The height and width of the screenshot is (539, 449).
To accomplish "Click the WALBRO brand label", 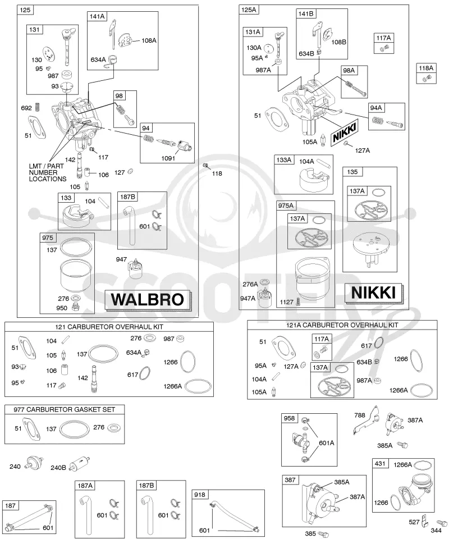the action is click(x=148, y=299).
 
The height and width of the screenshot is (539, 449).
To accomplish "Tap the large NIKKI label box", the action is click(x=373, y=293).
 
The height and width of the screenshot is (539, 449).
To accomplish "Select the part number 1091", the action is click(x=168, y=158).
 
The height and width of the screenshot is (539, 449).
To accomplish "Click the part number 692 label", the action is click(x=26, y=108).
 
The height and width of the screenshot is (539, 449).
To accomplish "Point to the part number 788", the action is click(x=360, y=415).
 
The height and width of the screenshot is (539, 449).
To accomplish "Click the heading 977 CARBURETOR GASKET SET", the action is click(x=64, y=409).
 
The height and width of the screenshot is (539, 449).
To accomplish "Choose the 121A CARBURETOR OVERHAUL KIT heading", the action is click(x=342, y=325).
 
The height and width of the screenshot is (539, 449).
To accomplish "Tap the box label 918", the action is click(x=200, y=495).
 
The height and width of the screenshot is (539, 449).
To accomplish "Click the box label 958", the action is click(x=289, y=418).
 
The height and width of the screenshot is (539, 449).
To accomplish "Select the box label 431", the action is click(x=380, y=463).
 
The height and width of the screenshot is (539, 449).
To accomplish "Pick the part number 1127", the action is click(x=287, y=302).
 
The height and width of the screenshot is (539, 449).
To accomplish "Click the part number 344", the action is click(x=436, y=531).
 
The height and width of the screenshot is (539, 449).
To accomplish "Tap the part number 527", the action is click(x=414, y=522).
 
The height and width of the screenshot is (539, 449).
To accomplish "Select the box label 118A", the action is click(x=426, y=68).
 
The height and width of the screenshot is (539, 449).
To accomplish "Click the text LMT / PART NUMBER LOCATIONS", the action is click(x=47, y=172).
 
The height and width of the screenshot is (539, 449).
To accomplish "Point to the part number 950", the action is click(x=62, y=308).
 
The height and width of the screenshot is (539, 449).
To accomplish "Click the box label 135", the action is click(x=352, y=172).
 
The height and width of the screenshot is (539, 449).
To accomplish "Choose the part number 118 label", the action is click(x=217, y=173).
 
